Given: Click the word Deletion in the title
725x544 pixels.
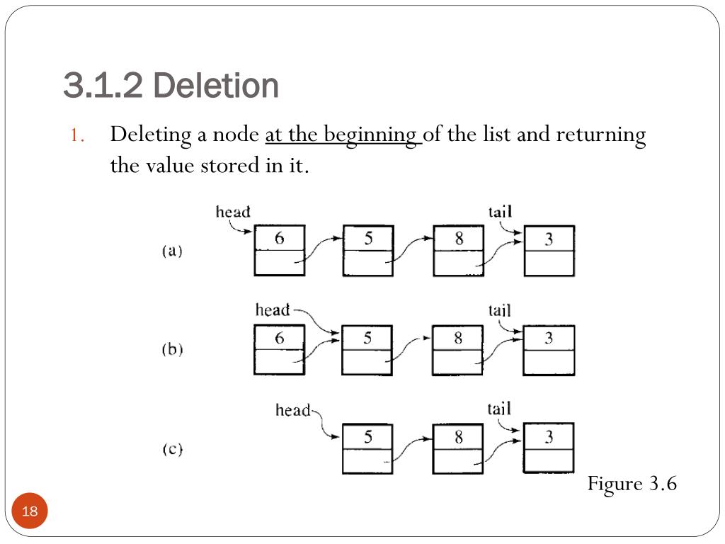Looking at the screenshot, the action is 215,86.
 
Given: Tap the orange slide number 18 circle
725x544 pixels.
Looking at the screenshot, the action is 30,511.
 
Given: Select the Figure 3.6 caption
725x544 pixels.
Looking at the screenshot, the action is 632,484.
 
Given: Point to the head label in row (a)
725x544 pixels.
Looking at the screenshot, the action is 233,212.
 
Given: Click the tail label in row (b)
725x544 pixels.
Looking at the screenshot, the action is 500,310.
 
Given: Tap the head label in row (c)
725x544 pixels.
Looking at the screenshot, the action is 292,410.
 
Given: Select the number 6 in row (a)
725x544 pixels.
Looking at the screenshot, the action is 279,238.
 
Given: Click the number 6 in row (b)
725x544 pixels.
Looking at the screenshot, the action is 279,338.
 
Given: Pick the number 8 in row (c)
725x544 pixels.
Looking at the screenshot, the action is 458,436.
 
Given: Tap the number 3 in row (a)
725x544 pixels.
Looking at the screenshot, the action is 549,239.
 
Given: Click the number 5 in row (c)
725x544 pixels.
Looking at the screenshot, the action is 368,436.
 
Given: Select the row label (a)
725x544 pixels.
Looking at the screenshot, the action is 173,251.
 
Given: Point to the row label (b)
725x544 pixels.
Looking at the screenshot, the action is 173,348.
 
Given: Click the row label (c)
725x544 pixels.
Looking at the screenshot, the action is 173,448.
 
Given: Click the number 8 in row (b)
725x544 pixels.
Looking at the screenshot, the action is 458,338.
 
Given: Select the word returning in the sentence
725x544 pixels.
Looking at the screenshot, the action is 600,135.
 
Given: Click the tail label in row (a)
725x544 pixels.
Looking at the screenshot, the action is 501,212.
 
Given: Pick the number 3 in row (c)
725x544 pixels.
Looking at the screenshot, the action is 549,436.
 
